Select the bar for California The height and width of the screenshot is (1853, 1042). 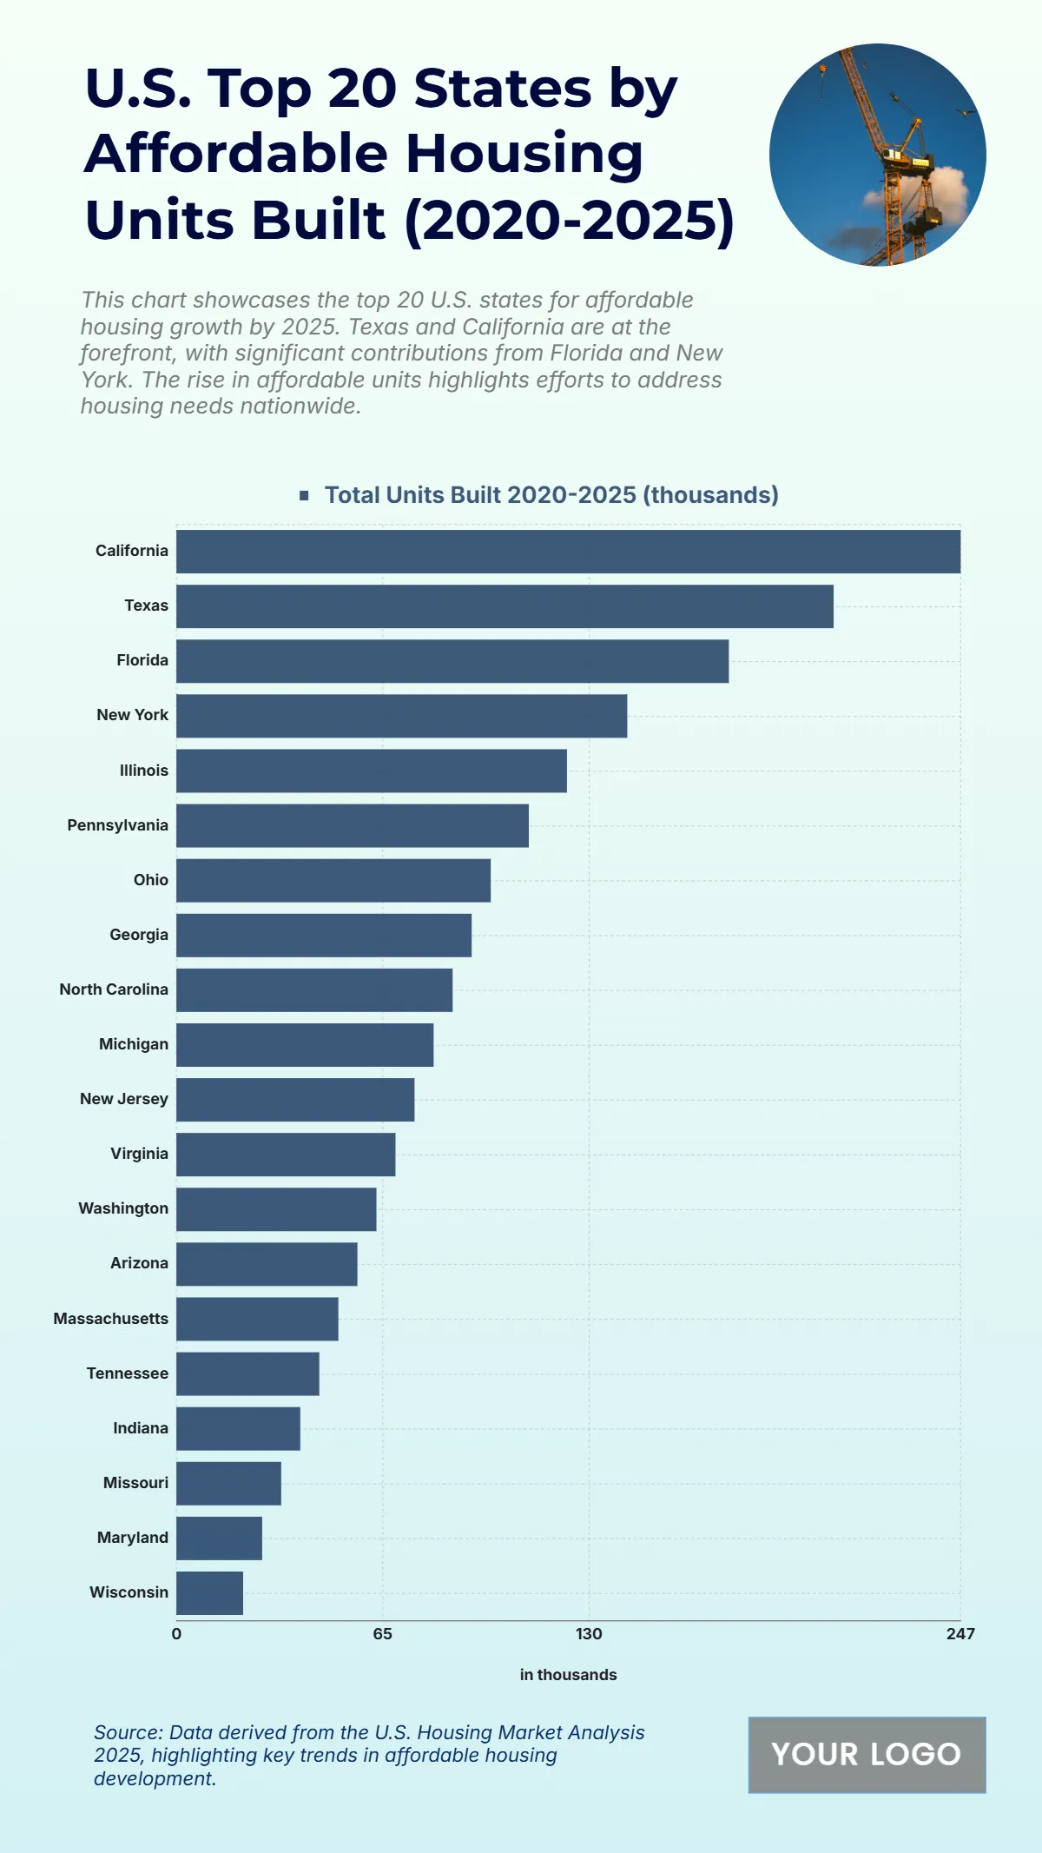(x=568, y=552)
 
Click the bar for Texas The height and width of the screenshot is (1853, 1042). (x=505, y=606)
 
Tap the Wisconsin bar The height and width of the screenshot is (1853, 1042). (x=209, y=1593)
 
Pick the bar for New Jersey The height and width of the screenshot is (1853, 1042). (x=295, y=1100)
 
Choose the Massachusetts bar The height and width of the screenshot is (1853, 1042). (x=257, y=1319)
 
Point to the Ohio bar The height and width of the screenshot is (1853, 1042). (x=333, y=880)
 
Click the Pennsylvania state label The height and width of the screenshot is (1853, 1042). (x=117, y=825)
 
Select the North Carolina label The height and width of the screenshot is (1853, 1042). (x=113, y=989)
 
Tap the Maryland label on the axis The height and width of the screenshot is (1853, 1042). (x=132, y=1538)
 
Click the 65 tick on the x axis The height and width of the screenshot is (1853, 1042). (x=383, y=1634)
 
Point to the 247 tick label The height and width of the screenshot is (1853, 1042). (x=960, y=1634)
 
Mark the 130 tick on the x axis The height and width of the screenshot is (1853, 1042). (x=589, y=1634)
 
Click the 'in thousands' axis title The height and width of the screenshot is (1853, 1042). (x=568, y=1675)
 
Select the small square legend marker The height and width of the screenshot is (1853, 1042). (x=304, y=495)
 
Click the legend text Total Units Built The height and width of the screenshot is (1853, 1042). (x=551, y=495)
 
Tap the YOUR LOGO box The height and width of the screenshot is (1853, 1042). (x=867, y=1755)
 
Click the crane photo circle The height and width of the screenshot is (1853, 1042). (x=877, y=155)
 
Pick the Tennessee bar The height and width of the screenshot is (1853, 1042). (x=247, y=1373)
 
